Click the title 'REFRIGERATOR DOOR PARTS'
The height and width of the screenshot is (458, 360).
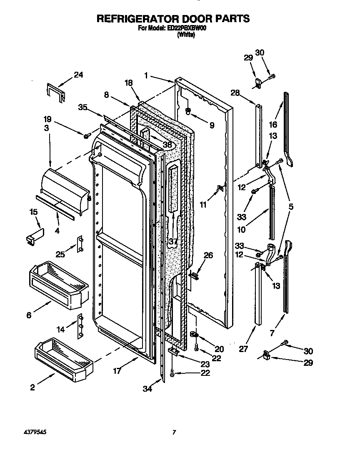pyautogui.click(x=173, y=19)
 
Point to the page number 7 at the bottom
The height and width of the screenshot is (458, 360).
pyautogui.click(x=175, y=433)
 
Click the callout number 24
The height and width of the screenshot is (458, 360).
pyautogui.click(x=78, y=75)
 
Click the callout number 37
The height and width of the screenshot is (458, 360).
pyautogui.click(x=172, y=242)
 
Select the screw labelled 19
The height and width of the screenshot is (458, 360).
pyautogui.click(x=87, y=136)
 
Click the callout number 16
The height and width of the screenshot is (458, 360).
pyautogui.click(x=273, y=124)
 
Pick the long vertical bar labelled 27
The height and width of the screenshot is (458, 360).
pyautogui.click(x=258, y=294)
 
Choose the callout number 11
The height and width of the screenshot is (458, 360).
pyautogui.click(x=203, y=204)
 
